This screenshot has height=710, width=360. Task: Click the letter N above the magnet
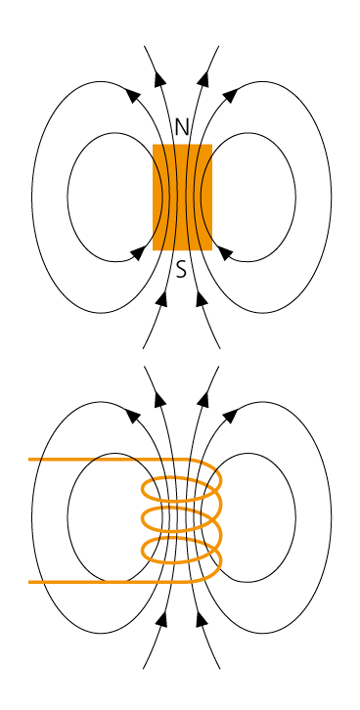pyautogui.click(x=181, y=127)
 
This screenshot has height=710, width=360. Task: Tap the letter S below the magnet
pyautogui.click(x=181, y=269)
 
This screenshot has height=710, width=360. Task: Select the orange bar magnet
pyautogui.click(x=182, y=197)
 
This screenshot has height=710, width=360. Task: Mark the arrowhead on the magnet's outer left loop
pyautogui.click(x=133, y=95)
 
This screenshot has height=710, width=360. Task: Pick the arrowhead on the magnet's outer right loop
pyautogui.click(x=230, y=95)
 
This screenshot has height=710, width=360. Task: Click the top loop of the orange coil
pyautogui.click(x=182, y=488)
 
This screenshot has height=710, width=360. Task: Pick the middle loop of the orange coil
pyautogui.click(x=182, y=518)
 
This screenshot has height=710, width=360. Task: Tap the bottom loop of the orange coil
pyautogui.click(x=182, y=550)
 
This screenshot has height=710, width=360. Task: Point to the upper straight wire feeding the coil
pyautogui.click(x=88, y=459)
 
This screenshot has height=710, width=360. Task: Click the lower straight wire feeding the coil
pyautogui.click(x=88, y=582)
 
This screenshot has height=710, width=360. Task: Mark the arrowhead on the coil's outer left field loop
pyautogui.click(x=133, y=416)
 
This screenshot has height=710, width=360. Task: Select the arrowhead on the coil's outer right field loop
pyautogui.click(x=230, y=416)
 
